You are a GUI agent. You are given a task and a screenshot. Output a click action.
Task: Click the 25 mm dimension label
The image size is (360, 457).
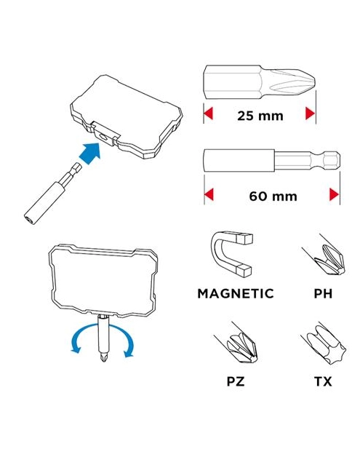tap(260, 116)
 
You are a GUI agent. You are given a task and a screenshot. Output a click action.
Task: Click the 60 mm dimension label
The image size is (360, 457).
tap(273, 196)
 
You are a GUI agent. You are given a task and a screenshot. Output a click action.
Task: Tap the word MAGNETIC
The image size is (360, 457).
tap(236, 293)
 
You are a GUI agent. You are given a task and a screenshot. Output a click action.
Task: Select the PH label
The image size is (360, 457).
tap(323, 293)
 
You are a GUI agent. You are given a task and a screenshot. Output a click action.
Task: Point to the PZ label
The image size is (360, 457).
tap(236, 381)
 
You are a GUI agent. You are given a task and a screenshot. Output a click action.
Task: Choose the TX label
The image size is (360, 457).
tap(323, 381)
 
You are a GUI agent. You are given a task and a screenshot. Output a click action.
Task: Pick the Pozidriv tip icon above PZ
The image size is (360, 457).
tap(239, 344)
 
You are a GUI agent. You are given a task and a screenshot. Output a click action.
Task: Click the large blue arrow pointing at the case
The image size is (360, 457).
tap(90, 153)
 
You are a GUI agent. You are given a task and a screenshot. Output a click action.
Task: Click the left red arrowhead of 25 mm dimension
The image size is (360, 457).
tap(208, 113)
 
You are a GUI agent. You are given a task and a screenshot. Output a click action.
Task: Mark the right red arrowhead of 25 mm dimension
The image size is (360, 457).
tap(311, 113)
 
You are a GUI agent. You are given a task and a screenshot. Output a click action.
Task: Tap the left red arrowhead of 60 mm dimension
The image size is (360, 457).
tap(209, 194)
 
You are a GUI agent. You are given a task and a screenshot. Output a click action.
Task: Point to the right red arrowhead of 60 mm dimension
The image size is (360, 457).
tap(335, 194)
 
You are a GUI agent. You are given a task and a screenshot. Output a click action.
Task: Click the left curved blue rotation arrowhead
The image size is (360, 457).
tap(76, 349)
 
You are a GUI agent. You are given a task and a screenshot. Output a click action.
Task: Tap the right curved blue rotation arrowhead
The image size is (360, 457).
tap(129, 353)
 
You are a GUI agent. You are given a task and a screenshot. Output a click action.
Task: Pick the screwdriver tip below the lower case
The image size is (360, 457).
tap(103, 357)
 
